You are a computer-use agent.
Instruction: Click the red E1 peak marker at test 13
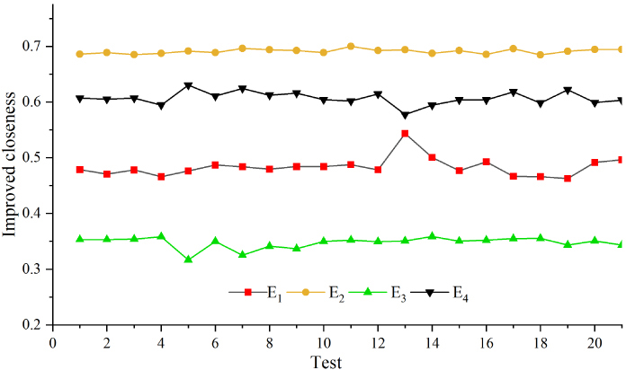pos(405,134)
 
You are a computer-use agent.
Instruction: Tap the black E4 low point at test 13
pos(405,115)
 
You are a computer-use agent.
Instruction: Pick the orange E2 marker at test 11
pos(351,46)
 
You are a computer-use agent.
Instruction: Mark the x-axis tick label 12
pos(378,342)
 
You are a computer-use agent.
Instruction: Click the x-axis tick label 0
pos(53,342)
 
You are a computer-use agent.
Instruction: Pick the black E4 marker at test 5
pos(188,86)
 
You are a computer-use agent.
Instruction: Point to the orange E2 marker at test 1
pos(80,54)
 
